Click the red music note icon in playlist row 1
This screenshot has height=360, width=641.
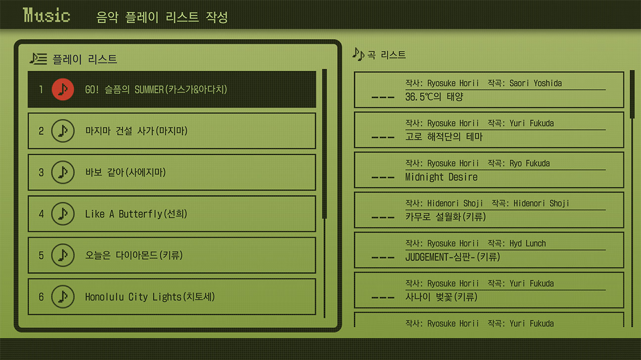coord(63,90)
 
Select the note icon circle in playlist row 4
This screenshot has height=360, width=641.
coord(63,214)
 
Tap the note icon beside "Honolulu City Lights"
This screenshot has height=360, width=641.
coord(63,297)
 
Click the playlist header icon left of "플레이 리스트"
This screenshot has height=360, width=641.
coord(39,59)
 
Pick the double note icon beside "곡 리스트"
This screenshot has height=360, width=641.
coord(358,54)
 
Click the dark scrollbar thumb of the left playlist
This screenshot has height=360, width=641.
coord(324,144)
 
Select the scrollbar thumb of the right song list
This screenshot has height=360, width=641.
coord(633,94)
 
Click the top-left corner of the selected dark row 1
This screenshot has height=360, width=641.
coord(28,71)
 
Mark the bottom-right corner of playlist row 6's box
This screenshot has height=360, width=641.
coord(316,315)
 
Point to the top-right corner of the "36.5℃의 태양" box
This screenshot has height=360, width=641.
coord(624,72)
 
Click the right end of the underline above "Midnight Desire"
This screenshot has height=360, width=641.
coord(605,170)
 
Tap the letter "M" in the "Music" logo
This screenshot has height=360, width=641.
coord(28,15)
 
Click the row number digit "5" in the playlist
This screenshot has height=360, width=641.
coord(41,255)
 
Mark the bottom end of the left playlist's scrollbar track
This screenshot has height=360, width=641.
coord(324,317)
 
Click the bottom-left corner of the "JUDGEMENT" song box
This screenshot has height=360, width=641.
coord(354,268)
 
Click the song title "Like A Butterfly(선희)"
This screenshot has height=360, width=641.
coord(136,214)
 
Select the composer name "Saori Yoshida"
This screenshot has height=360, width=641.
coord(536,83)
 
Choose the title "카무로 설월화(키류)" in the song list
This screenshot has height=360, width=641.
coord(446,217)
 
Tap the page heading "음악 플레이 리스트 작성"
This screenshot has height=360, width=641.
coord(162,17)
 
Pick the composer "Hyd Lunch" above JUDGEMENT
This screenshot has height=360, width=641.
coord(528,243)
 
